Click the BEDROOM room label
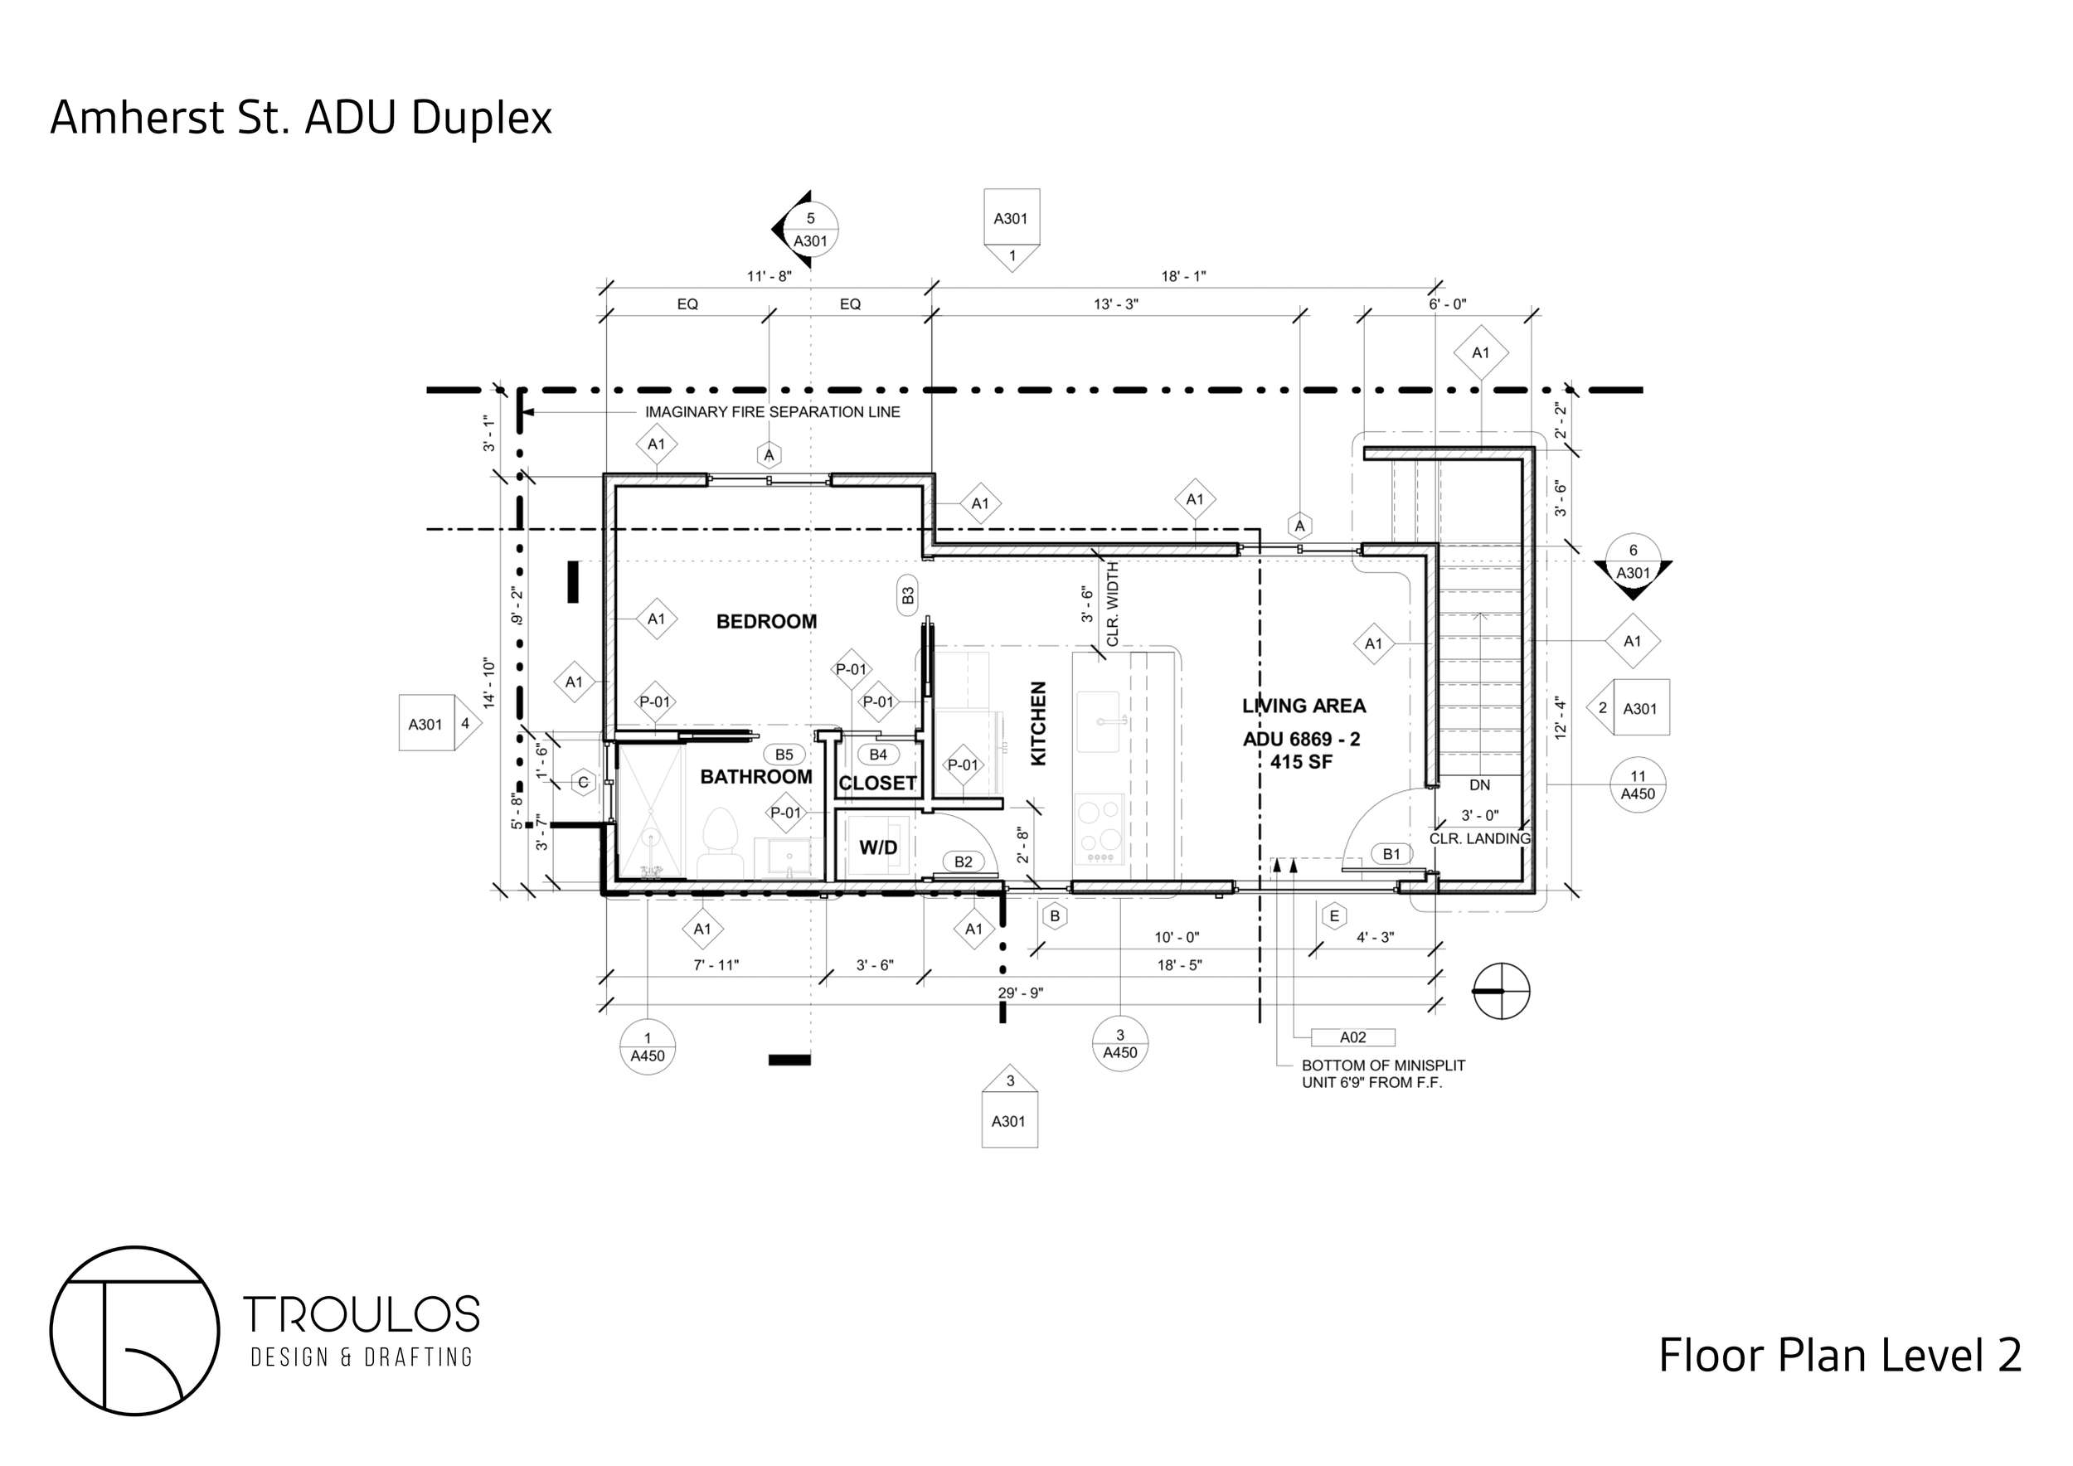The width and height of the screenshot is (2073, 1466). coord(765,621)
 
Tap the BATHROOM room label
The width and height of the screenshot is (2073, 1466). coord(755,776)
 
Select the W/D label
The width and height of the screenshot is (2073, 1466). coord(877,847)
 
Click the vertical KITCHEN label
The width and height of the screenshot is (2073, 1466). coord(1038,723)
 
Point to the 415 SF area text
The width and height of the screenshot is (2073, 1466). coord(1301,762)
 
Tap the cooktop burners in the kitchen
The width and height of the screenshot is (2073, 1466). coord(1099,827)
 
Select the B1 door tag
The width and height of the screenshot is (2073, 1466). coord(1391,854)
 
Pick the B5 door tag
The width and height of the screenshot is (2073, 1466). coord(784,755)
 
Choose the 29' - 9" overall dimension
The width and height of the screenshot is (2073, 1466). coord(1020,993)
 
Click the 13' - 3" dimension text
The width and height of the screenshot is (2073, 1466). coord(1116,304)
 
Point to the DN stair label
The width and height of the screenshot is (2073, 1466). coord(1479,785)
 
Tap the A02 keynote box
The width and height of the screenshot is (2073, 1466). coord(1352,1037)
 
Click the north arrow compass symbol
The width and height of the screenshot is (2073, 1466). coord(1501,991)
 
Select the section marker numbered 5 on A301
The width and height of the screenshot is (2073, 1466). coord(809,230)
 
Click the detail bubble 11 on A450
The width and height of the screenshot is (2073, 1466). coord(1638,784)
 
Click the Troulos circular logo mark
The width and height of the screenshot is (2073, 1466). coord(134,1331)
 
